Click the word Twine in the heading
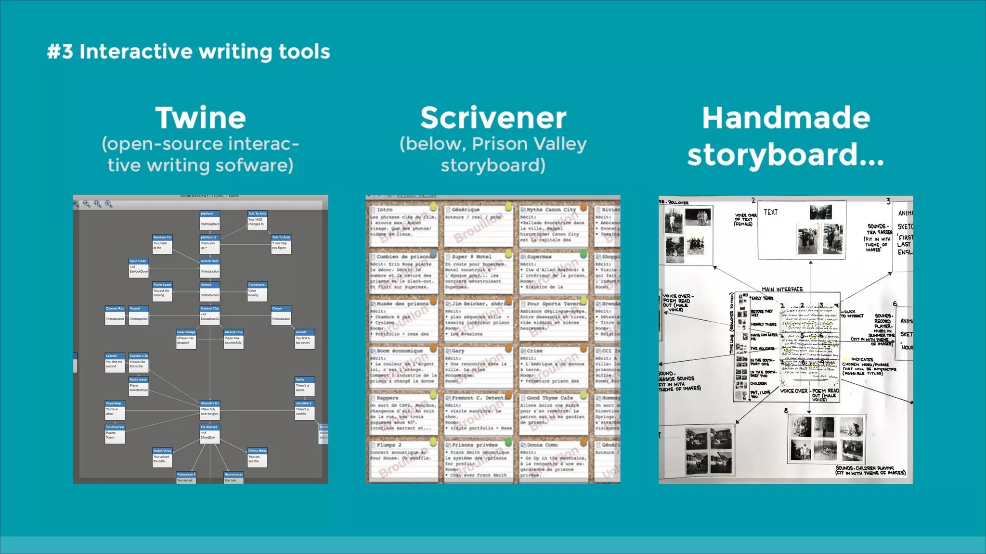200,118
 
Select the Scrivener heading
493,118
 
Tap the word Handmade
786,118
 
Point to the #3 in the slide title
60,51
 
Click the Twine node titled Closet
281,315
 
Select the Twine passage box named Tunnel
139,315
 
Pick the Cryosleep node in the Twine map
115,410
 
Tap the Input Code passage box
139,268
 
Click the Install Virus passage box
162,457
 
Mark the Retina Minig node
257,457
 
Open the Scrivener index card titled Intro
403,223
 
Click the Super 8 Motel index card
477,271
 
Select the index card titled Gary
477,365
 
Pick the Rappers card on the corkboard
403,412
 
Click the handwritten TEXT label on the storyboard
770,212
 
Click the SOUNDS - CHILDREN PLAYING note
870,470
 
